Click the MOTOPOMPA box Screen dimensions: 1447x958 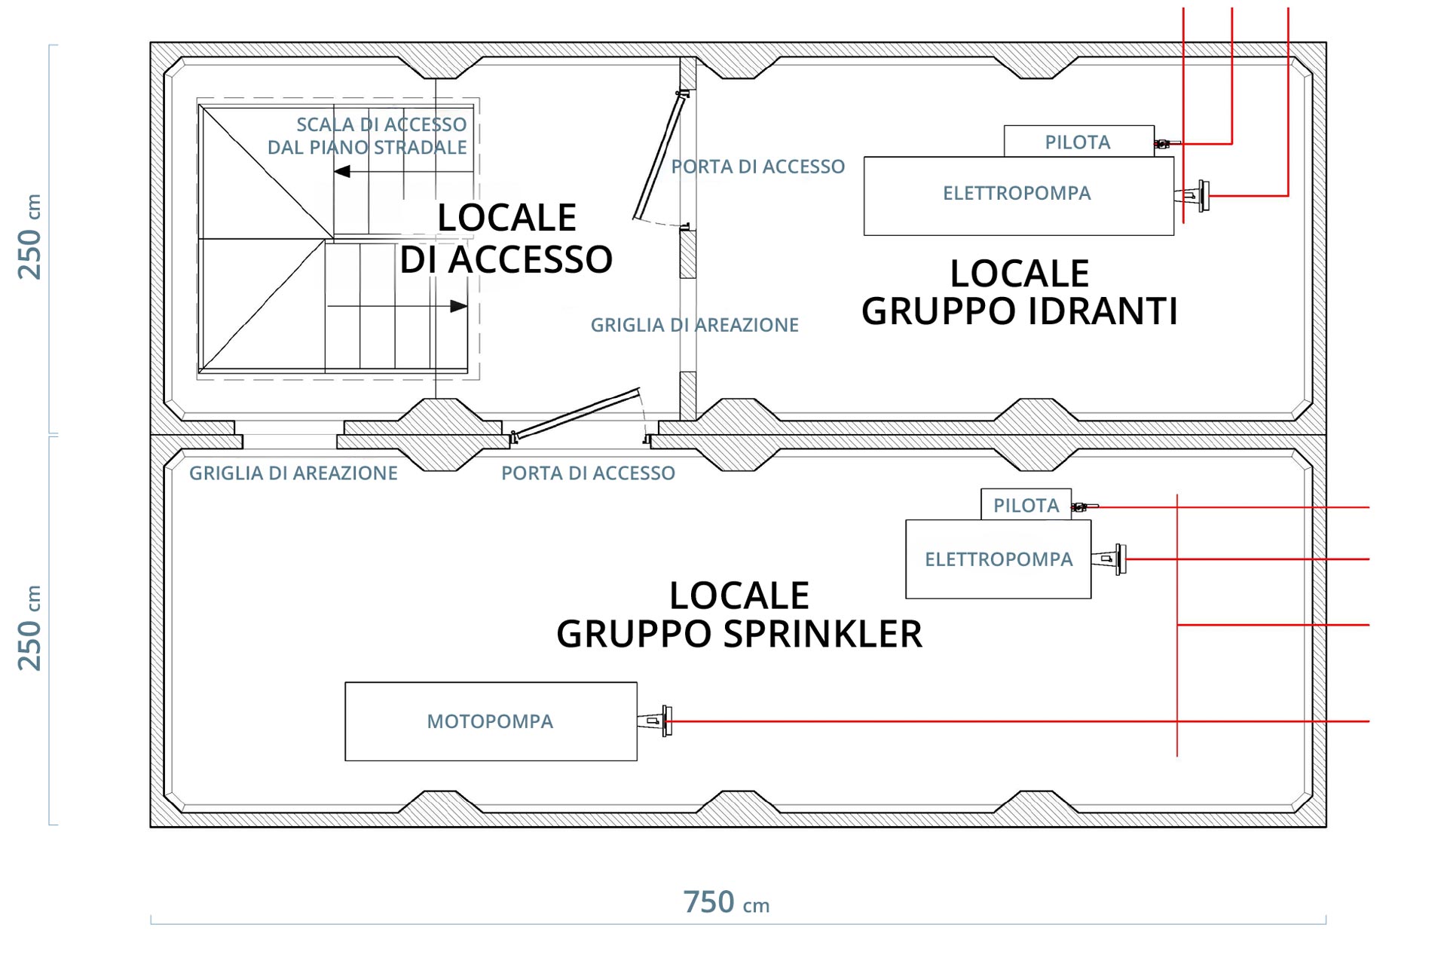tap(491, 721)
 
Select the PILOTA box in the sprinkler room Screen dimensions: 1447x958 tap(1026, 504)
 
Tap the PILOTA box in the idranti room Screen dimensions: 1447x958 tap(1078, 141)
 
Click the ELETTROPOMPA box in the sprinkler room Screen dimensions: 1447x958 tap(998, 559)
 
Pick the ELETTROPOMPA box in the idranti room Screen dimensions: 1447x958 tap(1018, 196)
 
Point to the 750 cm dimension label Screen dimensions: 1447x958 tap(726, 902)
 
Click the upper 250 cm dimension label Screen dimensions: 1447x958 tap(30, 237)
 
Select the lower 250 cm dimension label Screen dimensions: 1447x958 tap(30, 628)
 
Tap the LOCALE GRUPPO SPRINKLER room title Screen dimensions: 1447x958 tap(739, 614)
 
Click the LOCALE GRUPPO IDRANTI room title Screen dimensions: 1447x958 tap(1020, 292)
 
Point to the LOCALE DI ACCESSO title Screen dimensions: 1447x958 tap(506, 238)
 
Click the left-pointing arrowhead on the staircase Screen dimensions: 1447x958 tap(341, 172)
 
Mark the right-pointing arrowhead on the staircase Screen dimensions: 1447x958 tap(458, 306)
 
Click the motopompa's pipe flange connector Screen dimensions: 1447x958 tap(655, 721)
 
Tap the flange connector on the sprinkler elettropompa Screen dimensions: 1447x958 tap(1109, 559)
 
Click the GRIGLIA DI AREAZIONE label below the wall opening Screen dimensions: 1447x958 tap(293, 473)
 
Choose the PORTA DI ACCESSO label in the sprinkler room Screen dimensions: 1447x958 tap(588, 473)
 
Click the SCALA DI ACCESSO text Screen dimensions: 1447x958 tap(381, 124)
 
